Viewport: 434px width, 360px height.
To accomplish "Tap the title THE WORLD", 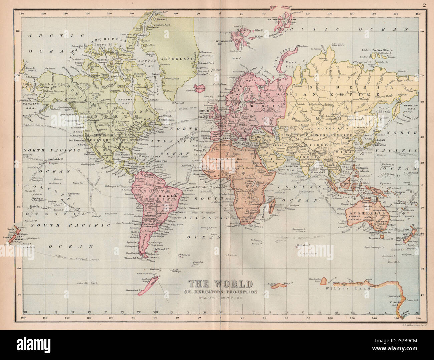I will point(221,284).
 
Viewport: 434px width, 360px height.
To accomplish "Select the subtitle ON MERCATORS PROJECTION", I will point(221,292).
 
